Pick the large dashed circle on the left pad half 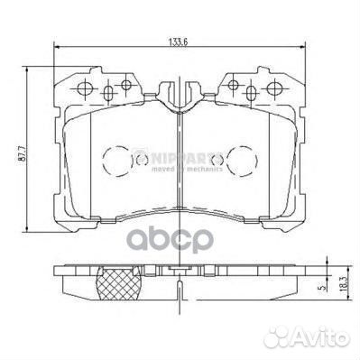pos(117,163)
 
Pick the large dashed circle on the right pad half pos(242,163)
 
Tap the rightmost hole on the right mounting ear pos(272,88)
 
